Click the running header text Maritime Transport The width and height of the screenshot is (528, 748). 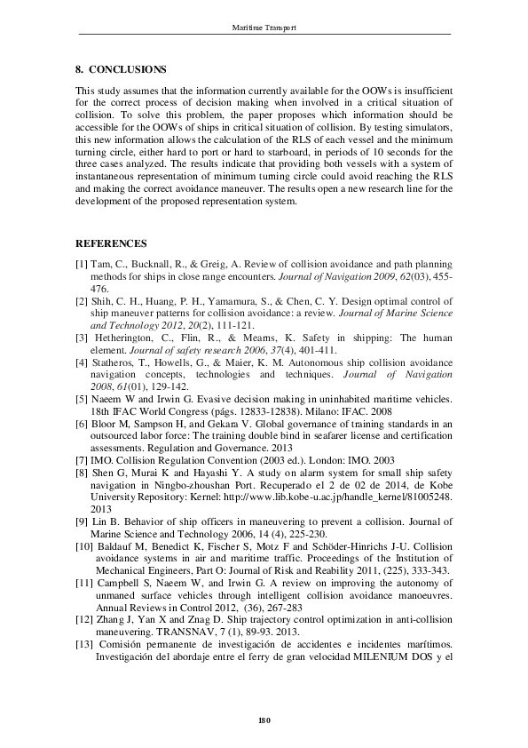264,28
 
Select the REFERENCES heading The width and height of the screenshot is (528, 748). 111,243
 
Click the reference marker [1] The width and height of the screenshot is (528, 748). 82,265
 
